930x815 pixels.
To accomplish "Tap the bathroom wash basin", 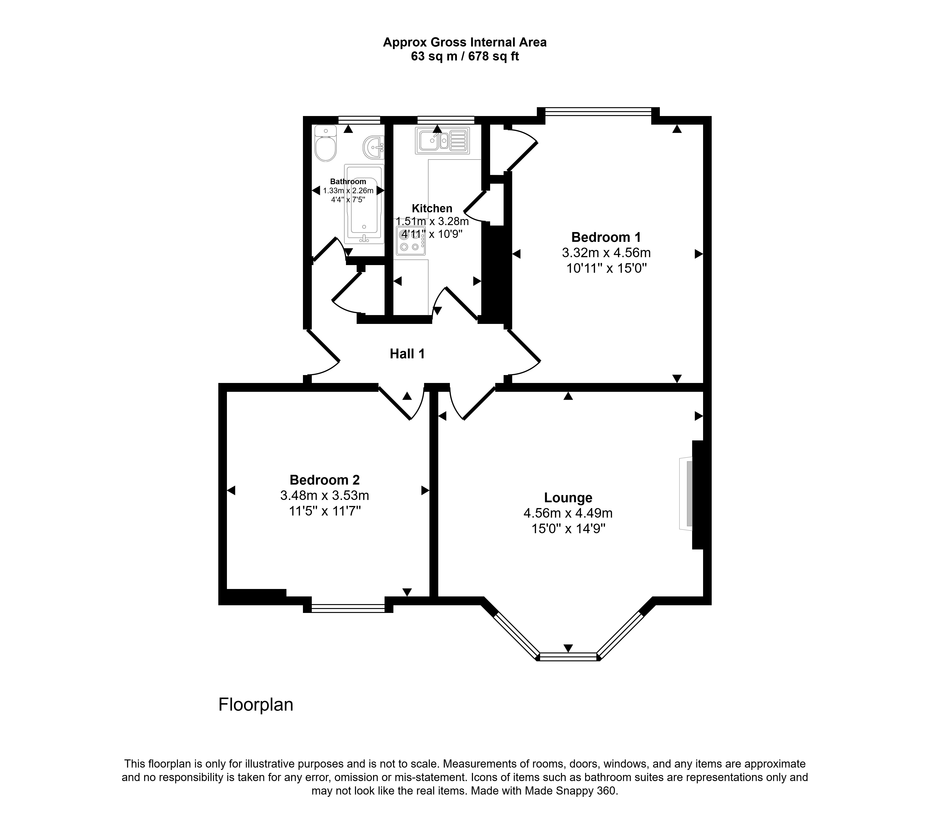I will coord(374,146).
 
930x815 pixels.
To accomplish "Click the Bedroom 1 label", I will coord(606,237).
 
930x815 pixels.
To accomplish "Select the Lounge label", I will coord(568,498).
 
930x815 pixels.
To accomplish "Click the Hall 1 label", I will coord(407,353).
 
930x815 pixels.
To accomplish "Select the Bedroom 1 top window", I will coord(598,110).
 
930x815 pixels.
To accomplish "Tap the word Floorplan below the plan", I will coord(256,705).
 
